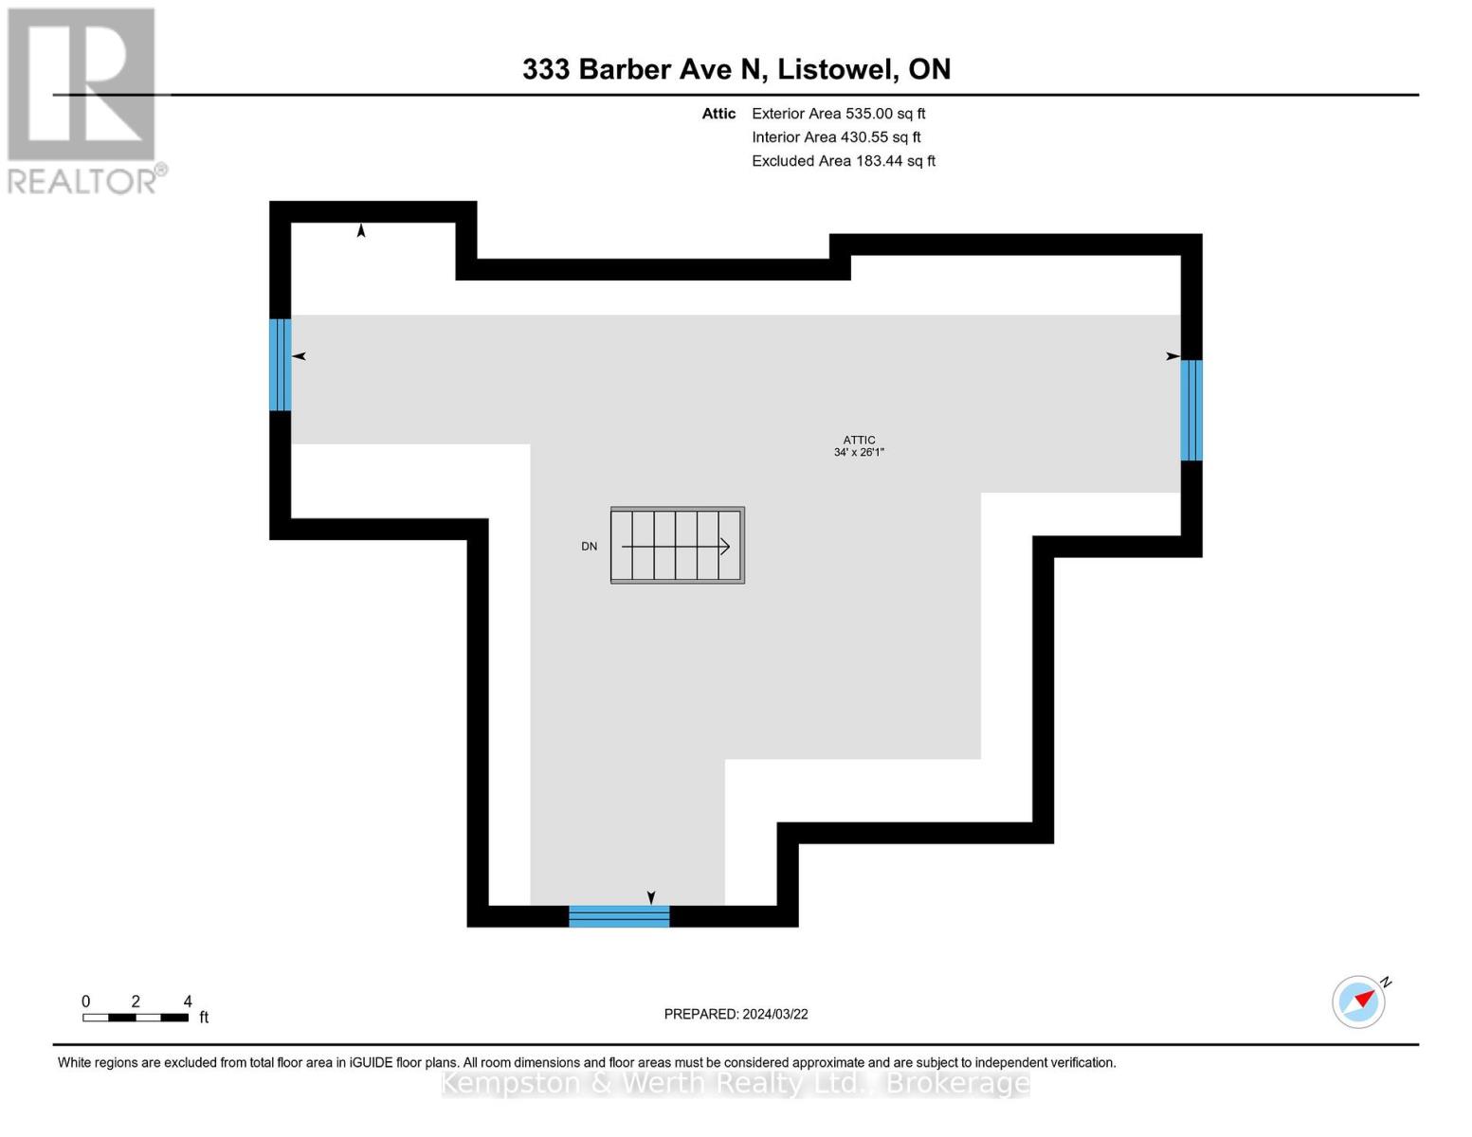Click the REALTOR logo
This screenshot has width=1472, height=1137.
coord(83,99)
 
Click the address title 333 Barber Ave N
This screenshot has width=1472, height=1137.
coord(736,69)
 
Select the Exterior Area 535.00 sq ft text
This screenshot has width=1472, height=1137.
coord(838,114)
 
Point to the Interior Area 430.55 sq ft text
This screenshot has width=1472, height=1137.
coord(836,137)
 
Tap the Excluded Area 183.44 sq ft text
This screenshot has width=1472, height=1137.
coord(843,161)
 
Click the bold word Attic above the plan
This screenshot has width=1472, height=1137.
coord(718,114)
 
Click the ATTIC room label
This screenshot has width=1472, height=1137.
coord(859,440)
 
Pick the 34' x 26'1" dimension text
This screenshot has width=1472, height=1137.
coord(859,453)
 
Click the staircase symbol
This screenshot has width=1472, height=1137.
coord(677,545)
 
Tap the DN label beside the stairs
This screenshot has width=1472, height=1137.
coord(589,547)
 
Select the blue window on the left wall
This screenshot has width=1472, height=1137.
coord(280,365)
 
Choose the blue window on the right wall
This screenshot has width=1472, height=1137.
coord(1191,410)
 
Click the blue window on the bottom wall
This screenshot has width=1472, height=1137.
coord(619,916)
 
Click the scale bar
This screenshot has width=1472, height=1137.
coord(135,1018)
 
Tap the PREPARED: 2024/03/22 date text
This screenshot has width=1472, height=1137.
coord(736,1014)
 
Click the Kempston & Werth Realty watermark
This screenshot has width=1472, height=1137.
coord(736,1083)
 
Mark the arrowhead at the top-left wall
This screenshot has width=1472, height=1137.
coord(361,230)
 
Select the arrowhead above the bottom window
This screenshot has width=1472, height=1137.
coord(651,897)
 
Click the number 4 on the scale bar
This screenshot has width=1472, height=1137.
coord(188,1002)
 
